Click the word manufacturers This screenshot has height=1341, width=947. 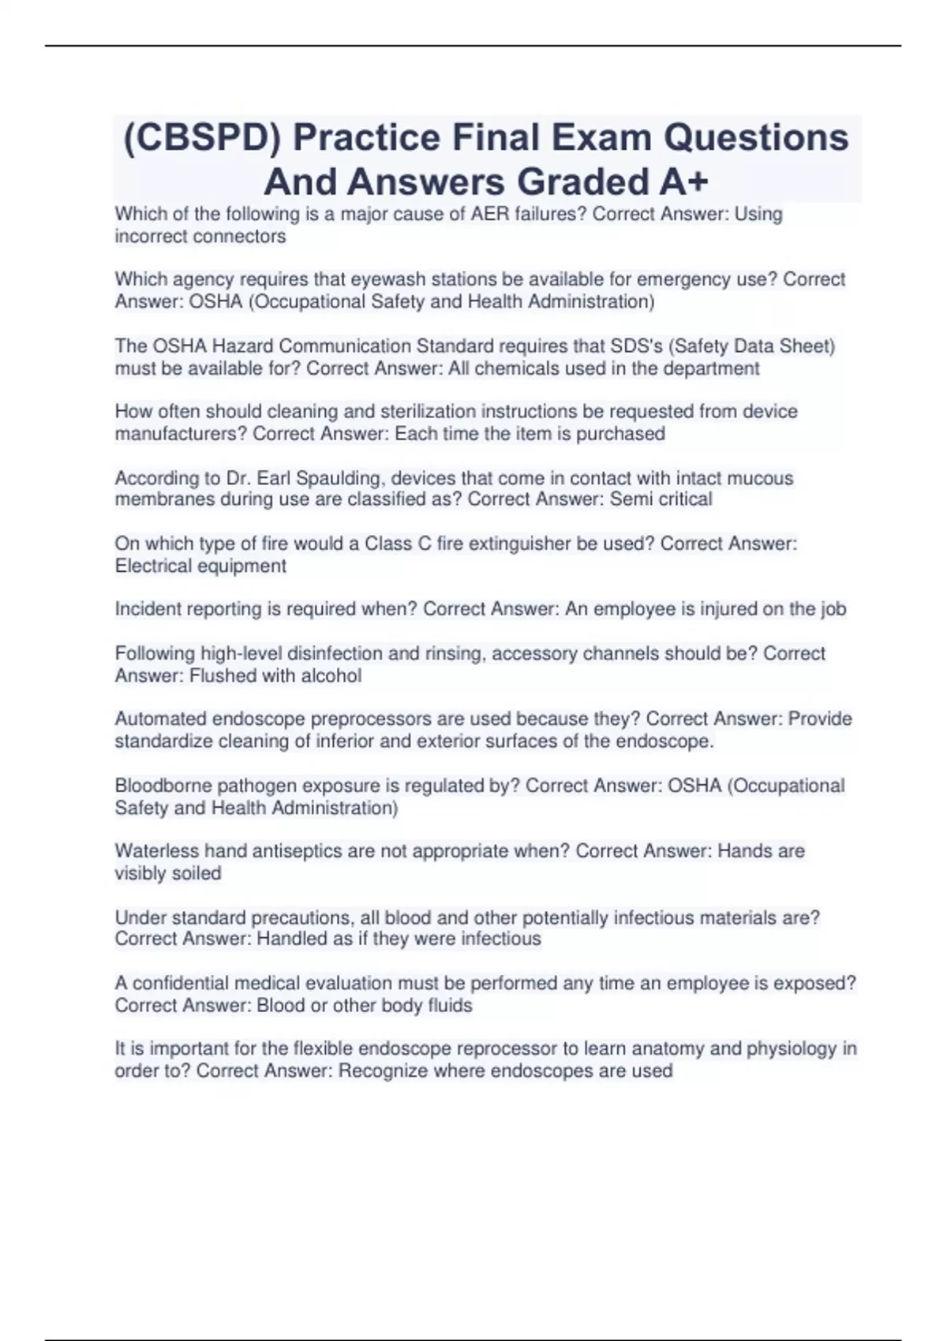click(181, 434)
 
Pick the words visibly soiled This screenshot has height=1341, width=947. click(168, 873)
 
